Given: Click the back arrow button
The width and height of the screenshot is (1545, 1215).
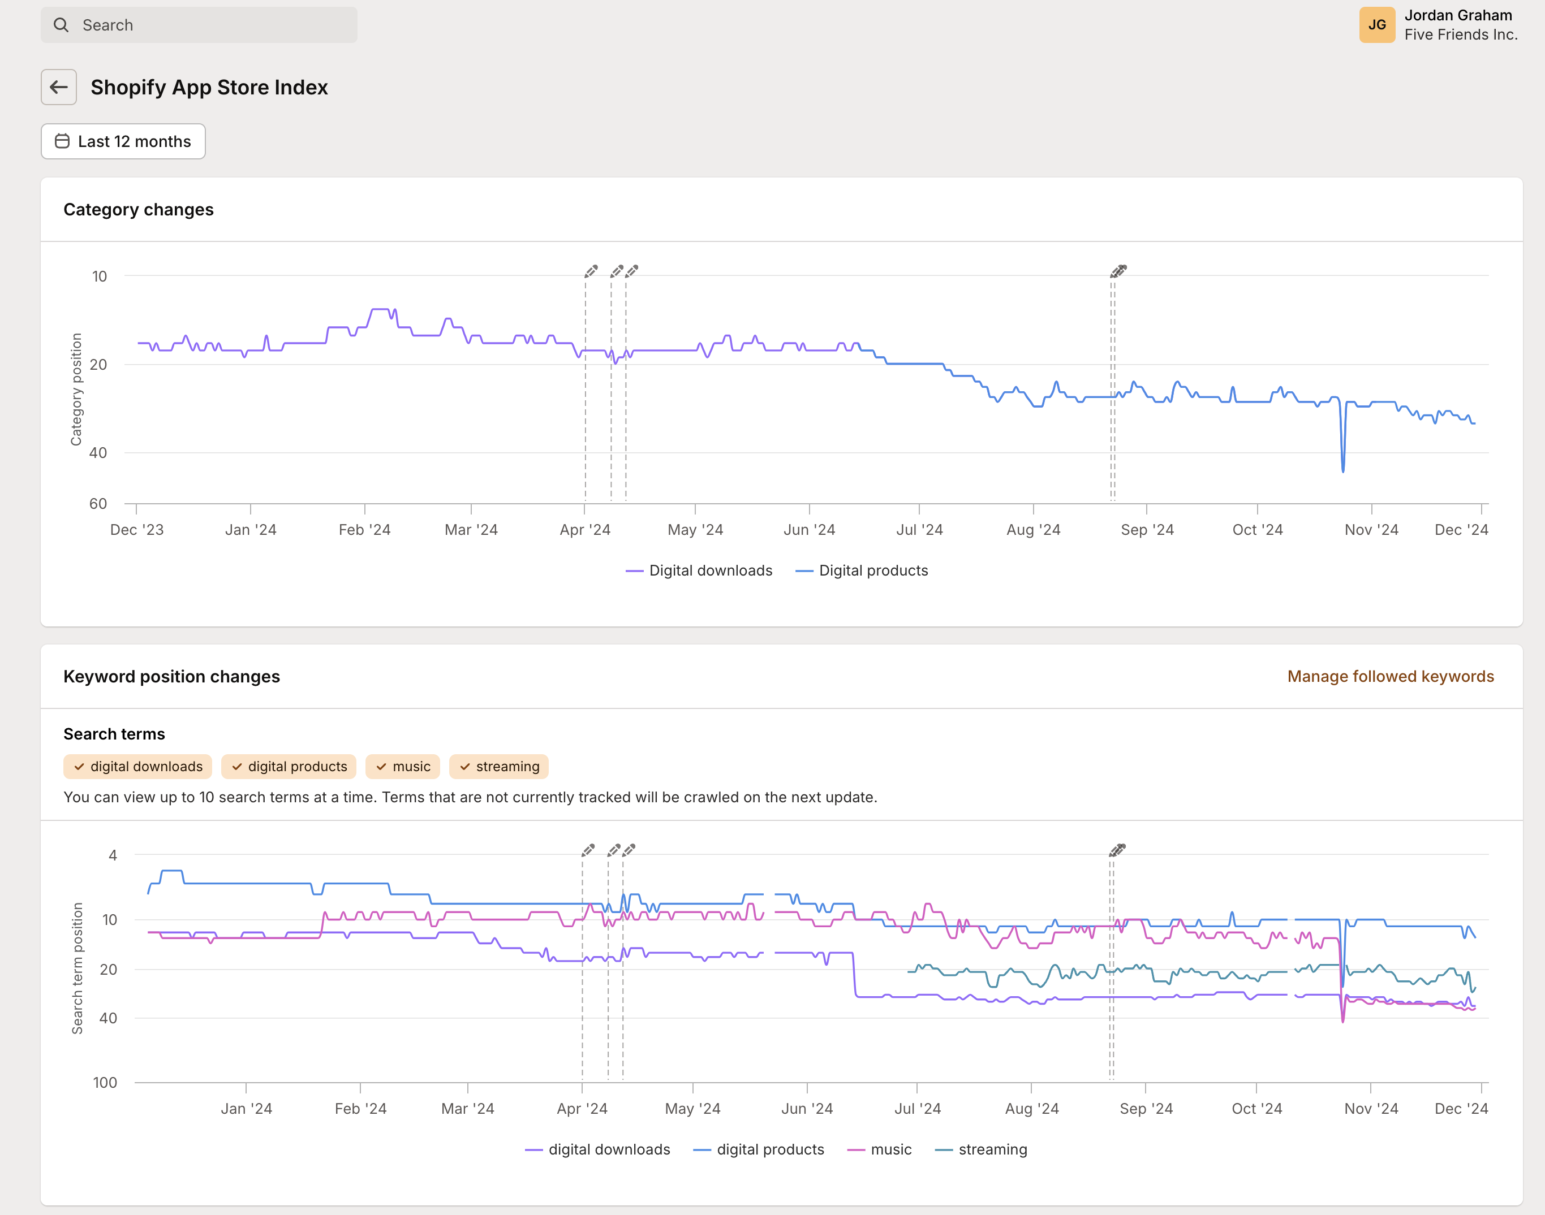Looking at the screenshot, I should click(58, 88).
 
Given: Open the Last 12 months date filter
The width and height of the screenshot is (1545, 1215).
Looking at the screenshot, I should click(123, 141).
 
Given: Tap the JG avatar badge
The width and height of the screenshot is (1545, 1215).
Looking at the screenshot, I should click(1376, 25).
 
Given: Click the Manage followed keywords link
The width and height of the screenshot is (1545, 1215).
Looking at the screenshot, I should click(1390, 677).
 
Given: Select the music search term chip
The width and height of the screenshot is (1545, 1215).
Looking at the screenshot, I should click(403, 767).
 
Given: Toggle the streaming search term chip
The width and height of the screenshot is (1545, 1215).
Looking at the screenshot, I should click(499, 767).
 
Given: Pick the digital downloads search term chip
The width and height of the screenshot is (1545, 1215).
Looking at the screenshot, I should click(138, 767).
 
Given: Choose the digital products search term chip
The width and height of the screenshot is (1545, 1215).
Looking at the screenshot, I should click(289, 767).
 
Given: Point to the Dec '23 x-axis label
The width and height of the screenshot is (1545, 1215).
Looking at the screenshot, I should click(137, 530).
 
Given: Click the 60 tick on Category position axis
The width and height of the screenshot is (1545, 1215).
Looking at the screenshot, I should click(98, 504).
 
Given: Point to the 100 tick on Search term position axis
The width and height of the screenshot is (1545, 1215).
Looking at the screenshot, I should click(105, 1083).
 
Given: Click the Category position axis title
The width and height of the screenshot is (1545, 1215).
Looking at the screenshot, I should click(76, 389).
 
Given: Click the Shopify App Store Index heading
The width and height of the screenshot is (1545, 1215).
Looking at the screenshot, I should click(209, 88).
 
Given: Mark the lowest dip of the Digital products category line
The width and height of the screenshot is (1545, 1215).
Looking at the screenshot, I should click(1343, 470).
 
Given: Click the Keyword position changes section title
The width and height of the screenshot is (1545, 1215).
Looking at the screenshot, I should click(171, 677).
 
